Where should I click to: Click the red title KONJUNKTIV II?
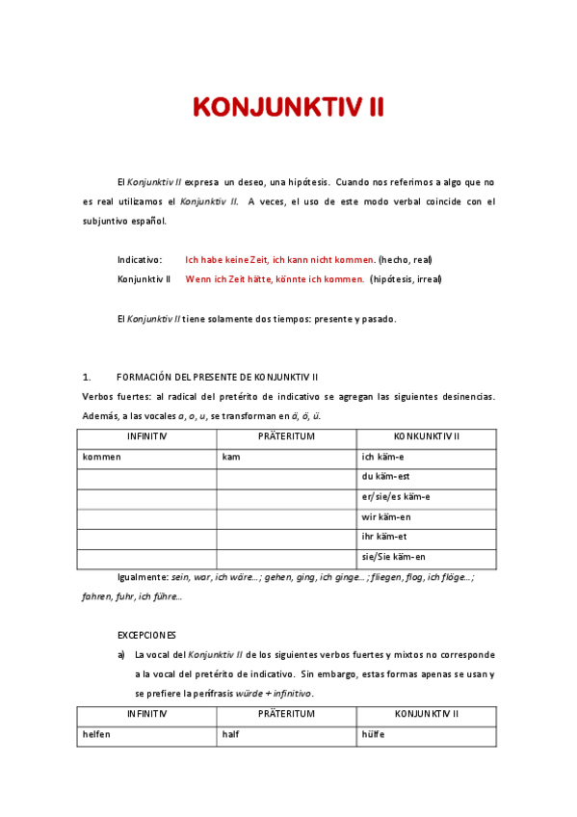(x=288, y=107)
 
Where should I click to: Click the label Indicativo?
(x=140, y=260)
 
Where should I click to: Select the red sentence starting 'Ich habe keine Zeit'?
(x=279, y=260)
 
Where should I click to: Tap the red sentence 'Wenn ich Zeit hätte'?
(x=275, y=279)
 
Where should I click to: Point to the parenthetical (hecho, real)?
(x=406, y=260)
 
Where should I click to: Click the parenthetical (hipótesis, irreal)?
(x=406, y=279)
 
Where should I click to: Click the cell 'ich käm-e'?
(x=383, y=457)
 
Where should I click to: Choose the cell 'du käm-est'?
(x=386, y=477)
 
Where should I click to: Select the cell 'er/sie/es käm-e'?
(x=396, y=497)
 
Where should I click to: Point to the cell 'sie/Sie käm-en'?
(x=393, y=557)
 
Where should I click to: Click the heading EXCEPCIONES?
(x=146, y=636)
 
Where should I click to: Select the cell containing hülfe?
(x=374, y=734)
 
